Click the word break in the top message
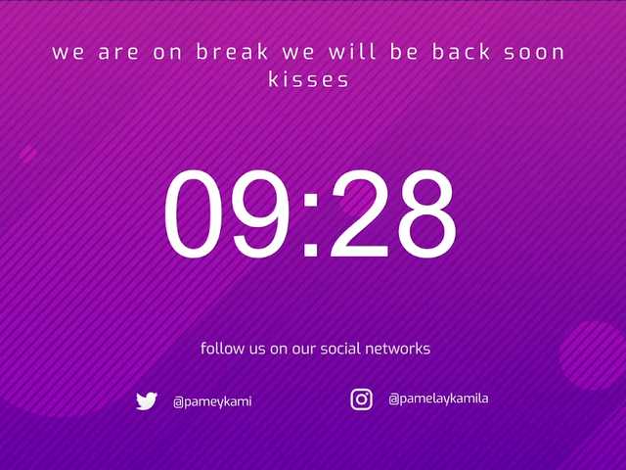pos(232,52)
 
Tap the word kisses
pos(309,79)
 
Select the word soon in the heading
pos(534,53)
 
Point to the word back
pos(461,52)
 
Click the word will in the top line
pos(352,52)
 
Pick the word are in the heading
pos(118,53)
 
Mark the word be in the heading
pos(404,52)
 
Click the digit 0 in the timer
pos(194,213)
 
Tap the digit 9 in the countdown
pos(261,213)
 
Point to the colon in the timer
pos(311,224)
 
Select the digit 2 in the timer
pos(359,213)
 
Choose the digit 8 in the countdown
pos(427,213)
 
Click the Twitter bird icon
pos(147,400)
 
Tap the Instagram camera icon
pos(362,399)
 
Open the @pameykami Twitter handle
pos(212,401)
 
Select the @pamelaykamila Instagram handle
pos(438,399)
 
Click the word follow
pos(222,349)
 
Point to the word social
pos(340,349)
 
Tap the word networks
pos(398,349)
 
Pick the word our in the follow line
pos(304,350)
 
